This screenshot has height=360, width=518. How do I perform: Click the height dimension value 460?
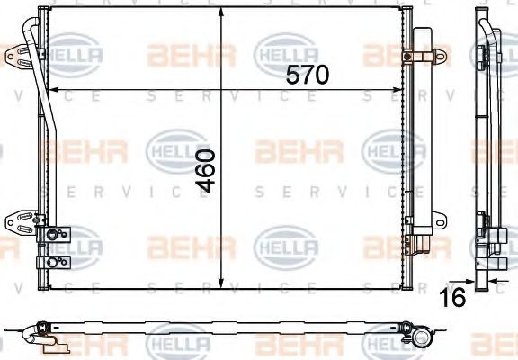point(206,171)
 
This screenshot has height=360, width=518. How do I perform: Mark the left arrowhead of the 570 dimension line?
point(51,90)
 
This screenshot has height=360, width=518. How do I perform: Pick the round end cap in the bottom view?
point(420,337)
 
